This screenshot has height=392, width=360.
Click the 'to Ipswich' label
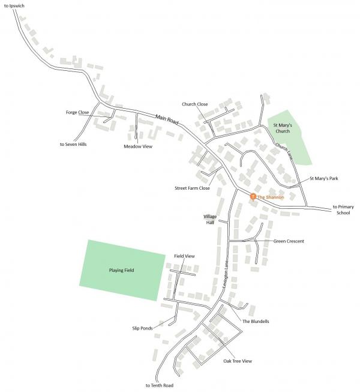pos(14,5)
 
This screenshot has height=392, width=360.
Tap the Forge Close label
pos(77,112)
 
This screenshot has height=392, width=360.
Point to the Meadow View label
pos(137,146)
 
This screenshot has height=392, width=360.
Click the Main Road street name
pos(167,119)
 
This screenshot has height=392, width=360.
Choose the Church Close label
pos(195,104)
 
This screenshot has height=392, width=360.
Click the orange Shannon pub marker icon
pos(253,196)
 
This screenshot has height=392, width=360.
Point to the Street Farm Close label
pos(192,188)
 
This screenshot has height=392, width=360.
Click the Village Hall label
pos(209,219)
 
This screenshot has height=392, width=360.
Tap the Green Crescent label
pos(289,241)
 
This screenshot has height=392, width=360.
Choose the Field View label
pos(185,256)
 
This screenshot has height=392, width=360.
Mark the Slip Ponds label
pos(143,328)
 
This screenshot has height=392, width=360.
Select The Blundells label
pos(256,322)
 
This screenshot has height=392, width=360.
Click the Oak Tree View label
pos(238,361)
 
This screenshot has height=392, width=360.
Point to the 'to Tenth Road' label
pos(160,385)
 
